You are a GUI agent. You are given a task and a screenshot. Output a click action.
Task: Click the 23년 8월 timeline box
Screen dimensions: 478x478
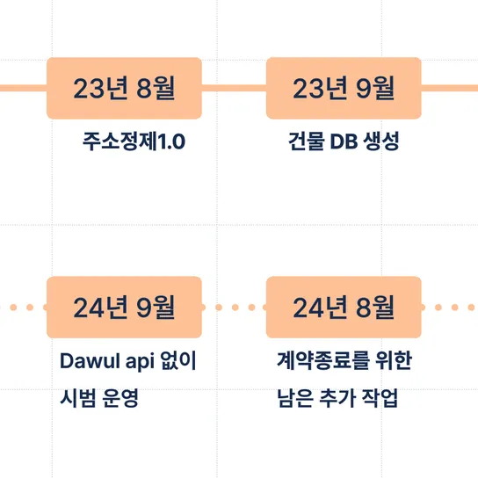124,88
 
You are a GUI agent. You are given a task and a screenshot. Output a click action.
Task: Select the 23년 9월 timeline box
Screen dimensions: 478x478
344,88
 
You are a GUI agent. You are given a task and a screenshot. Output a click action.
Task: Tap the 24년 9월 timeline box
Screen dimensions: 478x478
124,308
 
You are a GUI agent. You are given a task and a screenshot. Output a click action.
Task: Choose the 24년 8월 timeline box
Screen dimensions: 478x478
344,308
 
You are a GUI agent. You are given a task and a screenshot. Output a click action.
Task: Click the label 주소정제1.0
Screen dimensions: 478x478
134,141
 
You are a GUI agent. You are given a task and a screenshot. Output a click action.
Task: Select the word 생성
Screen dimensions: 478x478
381,141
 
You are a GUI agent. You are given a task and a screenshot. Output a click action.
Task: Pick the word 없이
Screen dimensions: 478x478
178,360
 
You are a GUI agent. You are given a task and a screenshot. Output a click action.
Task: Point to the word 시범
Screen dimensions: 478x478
77,398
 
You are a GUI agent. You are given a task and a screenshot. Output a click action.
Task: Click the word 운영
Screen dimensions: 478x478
120,398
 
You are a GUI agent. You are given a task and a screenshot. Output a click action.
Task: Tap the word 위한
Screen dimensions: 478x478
394,360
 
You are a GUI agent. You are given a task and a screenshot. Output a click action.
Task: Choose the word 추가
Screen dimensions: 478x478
337,398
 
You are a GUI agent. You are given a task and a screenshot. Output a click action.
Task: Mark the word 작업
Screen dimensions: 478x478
380,398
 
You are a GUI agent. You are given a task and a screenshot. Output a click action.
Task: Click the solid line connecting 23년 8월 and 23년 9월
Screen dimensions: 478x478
234,88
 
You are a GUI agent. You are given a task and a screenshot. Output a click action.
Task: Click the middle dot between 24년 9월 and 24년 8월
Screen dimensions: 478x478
235,308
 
